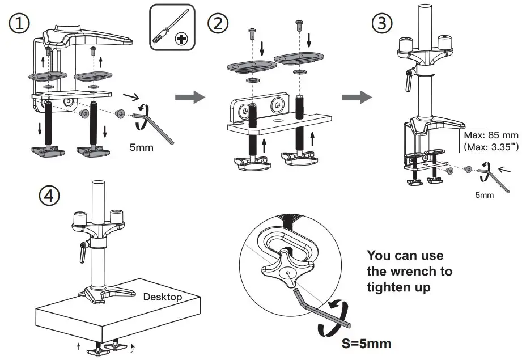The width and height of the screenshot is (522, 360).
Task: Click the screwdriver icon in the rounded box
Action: (172, 27)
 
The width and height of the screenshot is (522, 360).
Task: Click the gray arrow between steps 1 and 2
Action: (189, 97)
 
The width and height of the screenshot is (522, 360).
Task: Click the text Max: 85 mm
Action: (490, 135)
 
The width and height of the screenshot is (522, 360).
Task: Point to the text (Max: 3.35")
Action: (490, 147)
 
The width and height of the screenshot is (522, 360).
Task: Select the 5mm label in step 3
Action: (484, 194)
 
